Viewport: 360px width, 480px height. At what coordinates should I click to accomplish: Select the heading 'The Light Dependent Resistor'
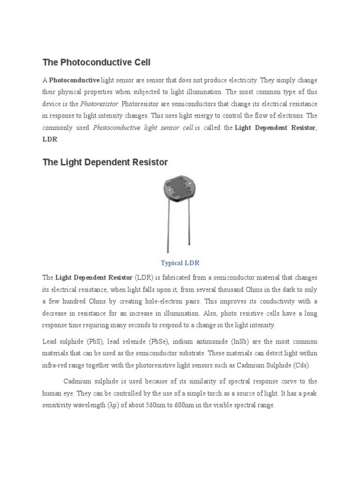(x=105, y=162)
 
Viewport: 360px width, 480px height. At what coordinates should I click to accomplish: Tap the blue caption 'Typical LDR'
(x=180, y=263)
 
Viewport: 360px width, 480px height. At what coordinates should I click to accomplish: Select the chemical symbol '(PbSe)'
(x=150, y=342)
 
